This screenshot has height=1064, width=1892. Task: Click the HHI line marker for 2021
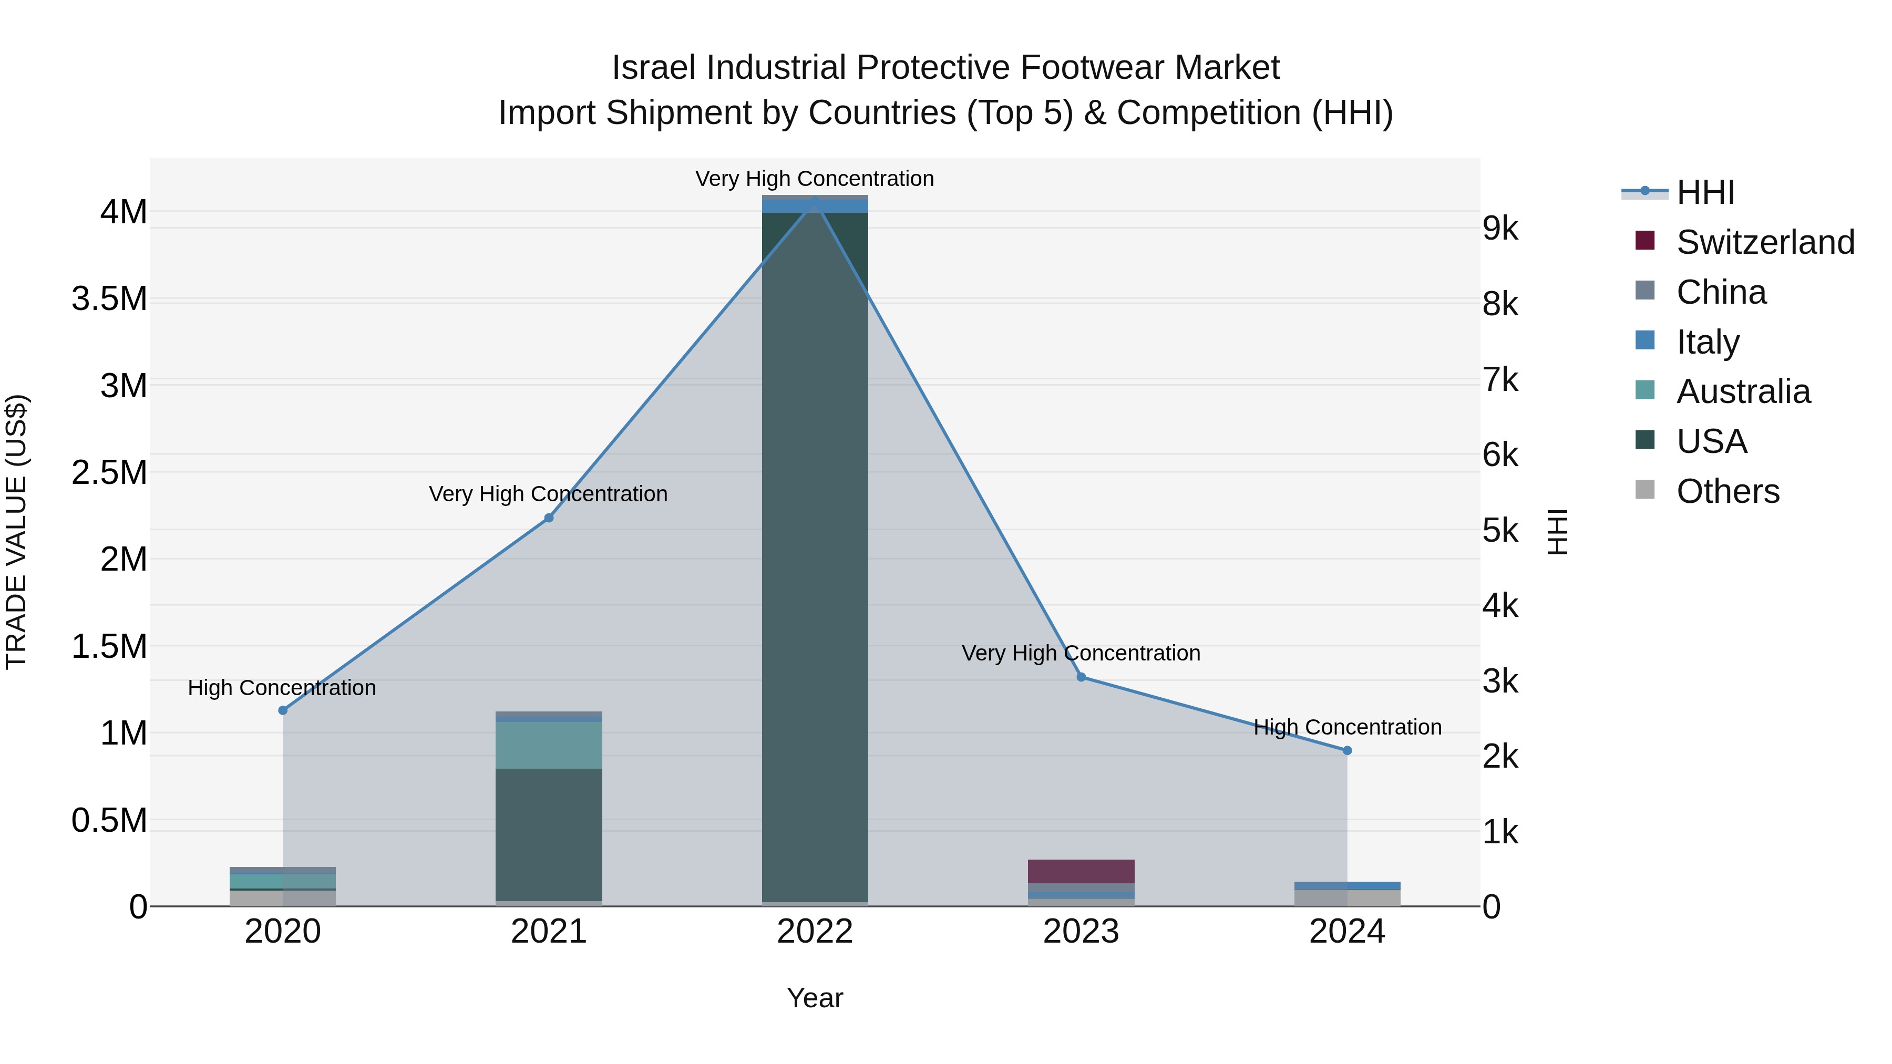point(549,518)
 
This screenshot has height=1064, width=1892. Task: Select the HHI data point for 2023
point(1081,677)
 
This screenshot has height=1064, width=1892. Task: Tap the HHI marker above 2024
point(1347,750)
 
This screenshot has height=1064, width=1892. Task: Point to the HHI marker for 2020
point(283,710)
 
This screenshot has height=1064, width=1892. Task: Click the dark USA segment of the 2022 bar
point(815,558)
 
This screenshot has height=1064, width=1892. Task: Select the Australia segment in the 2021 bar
point(549,745)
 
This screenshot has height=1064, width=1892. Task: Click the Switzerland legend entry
point(1765,242)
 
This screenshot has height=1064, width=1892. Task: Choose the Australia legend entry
point(1743,391)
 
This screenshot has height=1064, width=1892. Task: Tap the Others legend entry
point(1728,491)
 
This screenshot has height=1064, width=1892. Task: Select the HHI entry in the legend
point(1705,192)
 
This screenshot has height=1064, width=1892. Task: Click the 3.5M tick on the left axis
point(109,299)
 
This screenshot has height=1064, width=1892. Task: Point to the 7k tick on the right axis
point(1500,380)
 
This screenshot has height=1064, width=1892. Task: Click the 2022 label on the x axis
point(815,932)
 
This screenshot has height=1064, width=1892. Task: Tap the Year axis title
point(815,998)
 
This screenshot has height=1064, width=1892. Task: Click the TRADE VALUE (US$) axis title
point(16,532)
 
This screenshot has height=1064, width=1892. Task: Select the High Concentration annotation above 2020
point(282,688)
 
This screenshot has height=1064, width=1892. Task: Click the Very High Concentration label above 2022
point(815,179)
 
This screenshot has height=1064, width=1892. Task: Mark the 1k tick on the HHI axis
point(1500,832)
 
